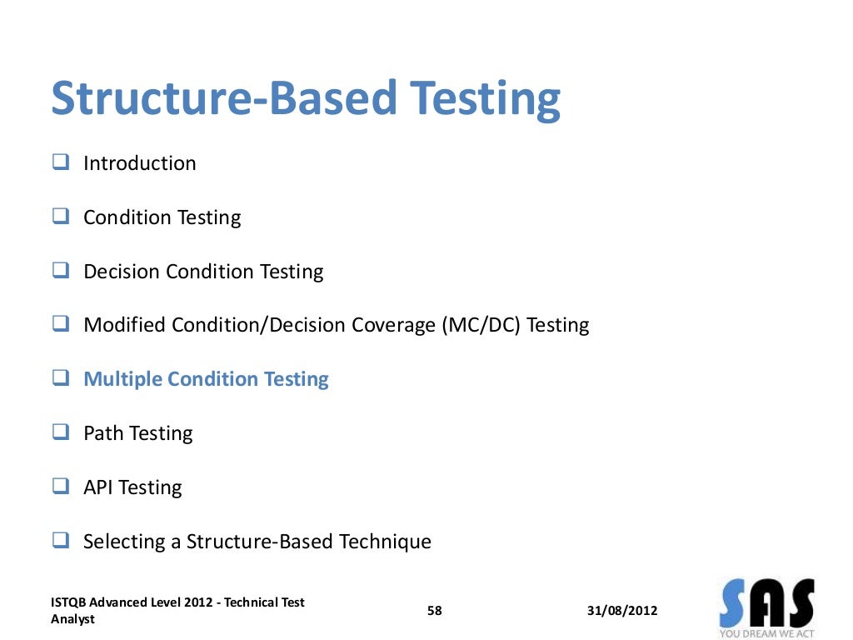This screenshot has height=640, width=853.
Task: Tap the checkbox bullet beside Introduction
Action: point(60,162)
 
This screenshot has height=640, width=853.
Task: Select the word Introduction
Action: point(140,163)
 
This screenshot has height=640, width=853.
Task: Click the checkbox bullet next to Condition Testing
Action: point(60,217)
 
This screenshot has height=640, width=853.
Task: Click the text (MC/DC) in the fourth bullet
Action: point(481,325)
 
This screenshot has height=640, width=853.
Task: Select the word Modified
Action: point(125,325)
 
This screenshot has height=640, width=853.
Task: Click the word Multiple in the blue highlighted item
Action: point(123,379)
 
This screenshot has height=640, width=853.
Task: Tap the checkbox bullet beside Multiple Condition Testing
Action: point(60,379)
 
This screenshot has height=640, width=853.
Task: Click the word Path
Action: point(103,433)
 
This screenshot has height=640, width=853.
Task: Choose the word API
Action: point(97,487)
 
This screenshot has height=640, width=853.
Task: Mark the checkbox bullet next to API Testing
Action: point(60,487)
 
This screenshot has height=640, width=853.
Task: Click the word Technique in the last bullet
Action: point(385,542)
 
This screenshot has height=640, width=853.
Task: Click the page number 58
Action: point(434,611)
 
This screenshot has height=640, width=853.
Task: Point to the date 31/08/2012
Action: point(621,611)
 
